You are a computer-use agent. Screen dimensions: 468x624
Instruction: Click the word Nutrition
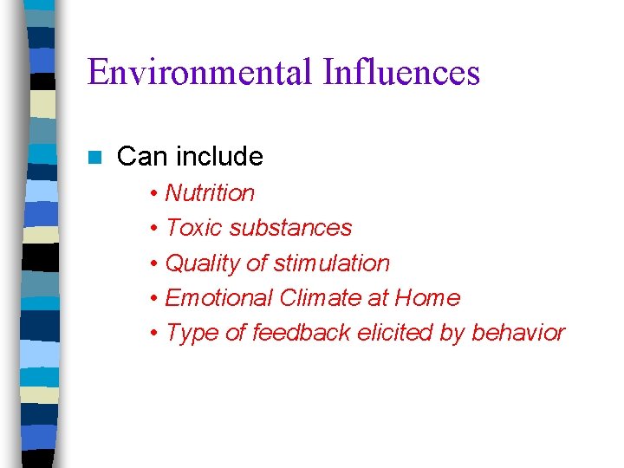210,193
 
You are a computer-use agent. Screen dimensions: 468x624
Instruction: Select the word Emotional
218,298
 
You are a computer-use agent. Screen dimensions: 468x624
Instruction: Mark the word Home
427,298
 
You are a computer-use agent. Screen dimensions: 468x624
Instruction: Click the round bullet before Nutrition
153,194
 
